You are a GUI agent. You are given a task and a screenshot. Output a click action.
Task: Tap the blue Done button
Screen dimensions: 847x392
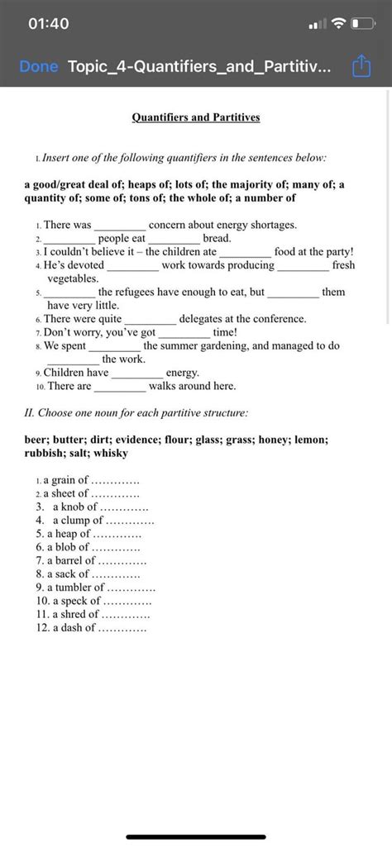coord(39,66)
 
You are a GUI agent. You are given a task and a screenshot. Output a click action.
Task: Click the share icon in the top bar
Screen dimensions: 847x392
coord(361,65)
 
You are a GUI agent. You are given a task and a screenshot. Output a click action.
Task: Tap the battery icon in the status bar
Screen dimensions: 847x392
coord(361,24)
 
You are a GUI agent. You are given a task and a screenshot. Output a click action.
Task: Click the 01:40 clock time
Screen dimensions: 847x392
coord(48,24)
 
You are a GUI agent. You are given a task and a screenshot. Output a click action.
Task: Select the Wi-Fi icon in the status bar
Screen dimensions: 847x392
coord(337,24)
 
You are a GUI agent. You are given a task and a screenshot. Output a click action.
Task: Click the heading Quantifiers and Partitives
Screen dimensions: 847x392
coord(196,117)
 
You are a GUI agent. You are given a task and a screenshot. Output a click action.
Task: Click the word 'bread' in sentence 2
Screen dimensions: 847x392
coord(216,238)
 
